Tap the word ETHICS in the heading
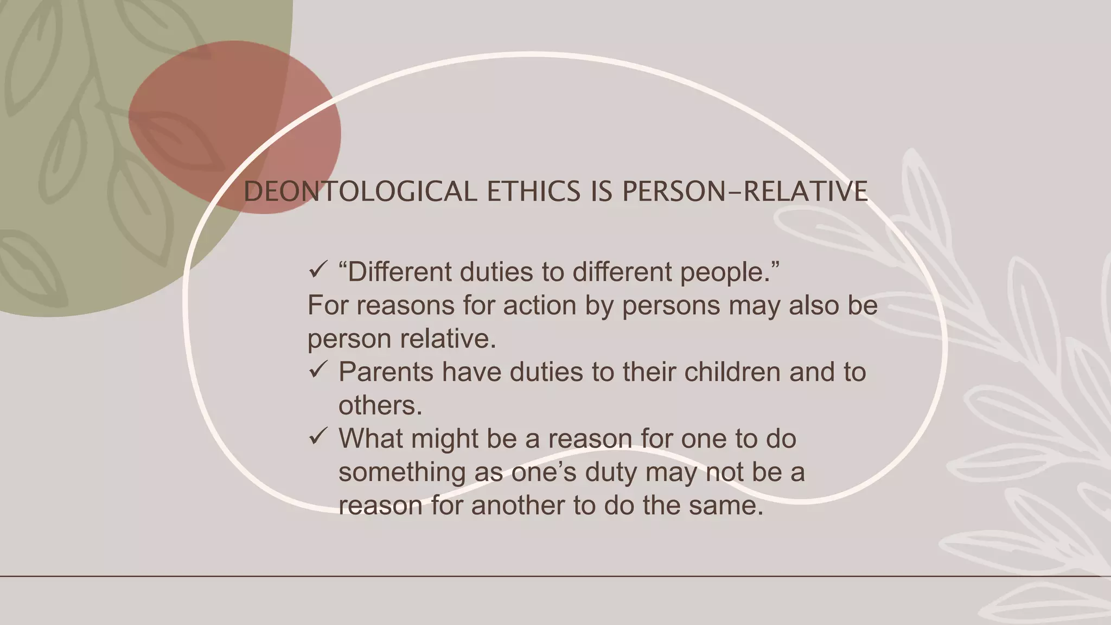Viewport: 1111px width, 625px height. [x=534, y=192]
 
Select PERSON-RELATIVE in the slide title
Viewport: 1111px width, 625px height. [x=745, y=192]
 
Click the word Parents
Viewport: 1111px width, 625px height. [x=386, y=372]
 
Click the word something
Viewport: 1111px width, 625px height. [x=402, y=472]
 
